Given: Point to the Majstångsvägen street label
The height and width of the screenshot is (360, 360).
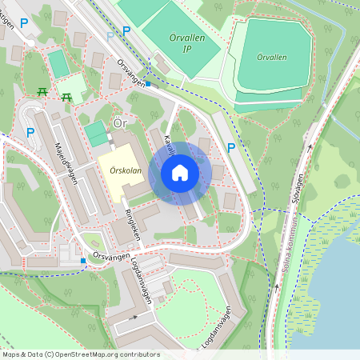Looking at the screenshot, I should click(x=66, y=162).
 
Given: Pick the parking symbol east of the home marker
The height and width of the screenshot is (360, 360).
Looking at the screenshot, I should click(x=231, y=147).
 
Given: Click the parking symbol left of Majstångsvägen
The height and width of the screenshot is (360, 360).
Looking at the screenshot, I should click(x=30, y=132).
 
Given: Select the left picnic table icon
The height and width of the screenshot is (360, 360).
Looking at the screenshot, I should click(x=43, y=94).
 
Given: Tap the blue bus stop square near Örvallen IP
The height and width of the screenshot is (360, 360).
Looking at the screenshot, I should click(x=148, y=82).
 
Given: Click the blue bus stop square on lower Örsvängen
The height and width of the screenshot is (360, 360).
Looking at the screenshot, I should click(x=83, y=261).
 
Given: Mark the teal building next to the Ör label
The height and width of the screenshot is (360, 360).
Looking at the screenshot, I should click(x=95, y=134).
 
